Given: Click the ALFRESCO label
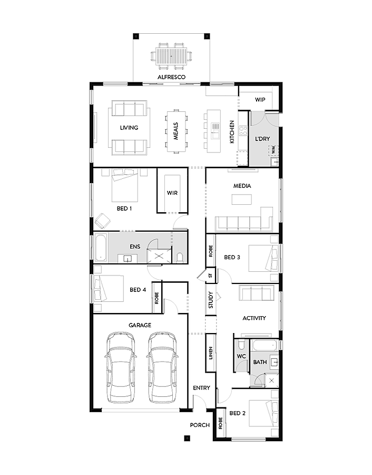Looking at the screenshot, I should tap(172, 77).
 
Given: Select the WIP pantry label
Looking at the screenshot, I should tap(260, 99).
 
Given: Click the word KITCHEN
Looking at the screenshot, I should tap(231, 132).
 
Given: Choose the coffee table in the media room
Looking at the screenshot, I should tap(241, 199).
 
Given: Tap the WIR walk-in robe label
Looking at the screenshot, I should tap(172, 193).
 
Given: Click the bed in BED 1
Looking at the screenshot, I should tap(125, 185).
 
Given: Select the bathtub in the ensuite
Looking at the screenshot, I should tap(101, 247).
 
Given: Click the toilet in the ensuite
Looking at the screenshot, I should tap(181, 256).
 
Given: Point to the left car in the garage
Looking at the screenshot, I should tap(120, 366).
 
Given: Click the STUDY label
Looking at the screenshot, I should tap(210, 300).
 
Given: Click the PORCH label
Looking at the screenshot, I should tap(200, 425).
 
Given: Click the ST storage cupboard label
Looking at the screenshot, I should tap(210, 275).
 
